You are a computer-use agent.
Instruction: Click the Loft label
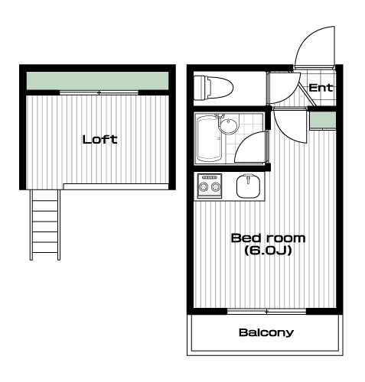point(99,139)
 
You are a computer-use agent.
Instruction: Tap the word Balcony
point(266,332)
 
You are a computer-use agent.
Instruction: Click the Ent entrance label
point(321,88)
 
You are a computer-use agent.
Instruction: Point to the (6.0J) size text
point(268,251)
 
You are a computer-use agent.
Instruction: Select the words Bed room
point(268,238)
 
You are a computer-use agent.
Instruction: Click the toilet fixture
point(213,88)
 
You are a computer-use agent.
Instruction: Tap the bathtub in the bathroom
point(210,138)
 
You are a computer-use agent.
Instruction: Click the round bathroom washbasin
point(229,126)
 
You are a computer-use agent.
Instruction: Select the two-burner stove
point(210,186)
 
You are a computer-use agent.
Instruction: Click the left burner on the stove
point(204,187)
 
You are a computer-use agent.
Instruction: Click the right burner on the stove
point(215,187)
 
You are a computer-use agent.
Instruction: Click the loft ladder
point(45,225)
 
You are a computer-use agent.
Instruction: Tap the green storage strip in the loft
point(97,81)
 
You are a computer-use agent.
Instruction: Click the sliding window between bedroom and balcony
point(266,311)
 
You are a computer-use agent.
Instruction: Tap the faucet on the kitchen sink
point(248,178)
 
